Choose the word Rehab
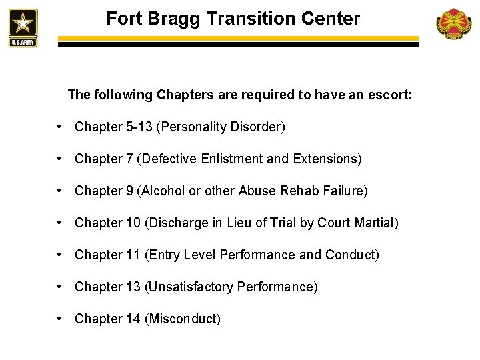coord(303,191)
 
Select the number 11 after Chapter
coord(133,255)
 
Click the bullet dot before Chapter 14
coord(60,319)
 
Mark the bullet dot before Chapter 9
coord(60,191)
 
